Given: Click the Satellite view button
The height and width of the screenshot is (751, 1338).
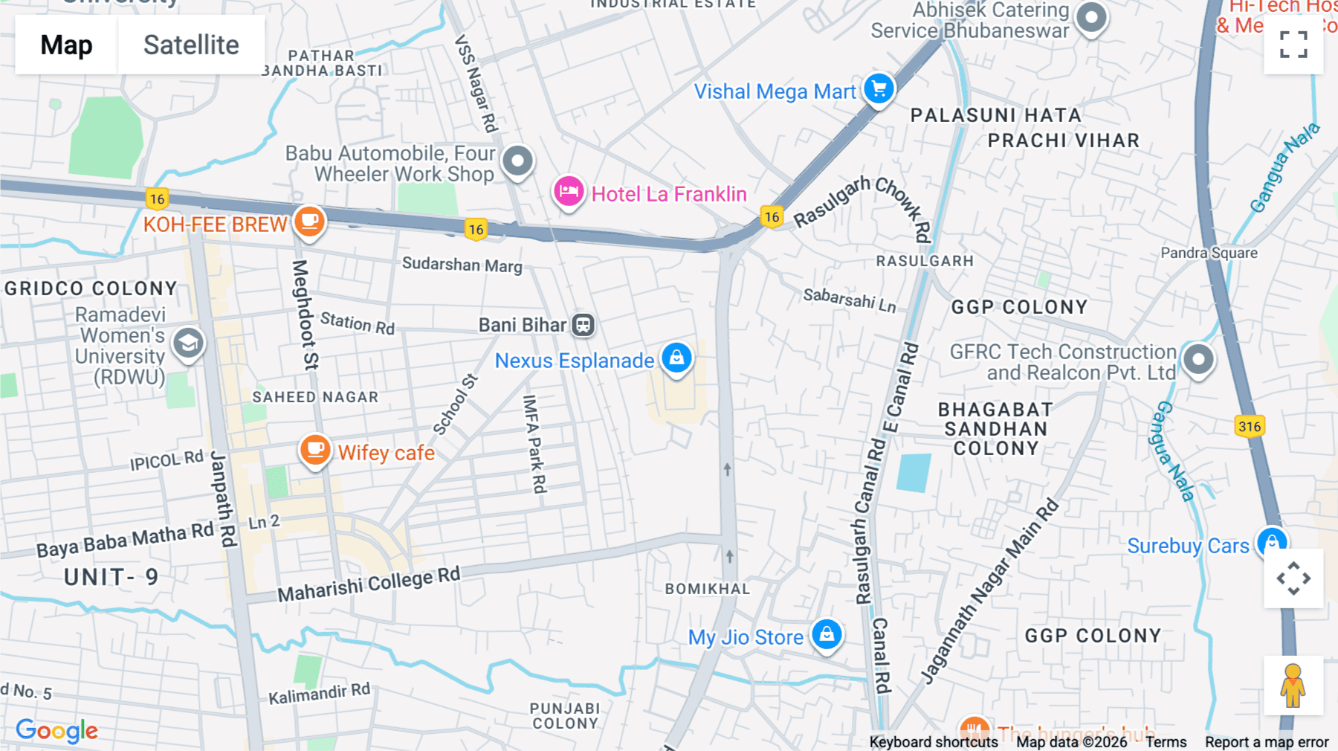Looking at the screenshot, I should tap(191, 45).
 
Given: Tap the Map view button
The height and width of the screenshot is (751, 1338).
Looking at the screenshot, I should tap(66, 45).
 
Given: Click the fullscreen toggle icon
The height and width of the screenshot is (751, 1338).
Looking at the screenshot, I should tap(1293, 45).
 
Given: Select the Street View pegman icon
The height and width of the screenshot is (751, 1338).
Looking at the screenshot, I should tap(1293, 686).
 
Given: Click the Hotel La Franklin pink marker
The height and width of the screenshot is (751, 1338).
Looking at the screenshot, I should tap(569, 192).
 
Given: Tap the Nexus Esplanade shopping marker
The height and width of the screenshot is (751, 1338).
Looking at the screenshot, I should tap(676, 358).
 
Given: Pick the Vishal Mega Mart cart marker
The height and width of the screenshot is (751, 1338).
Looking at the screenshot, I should tap(879, 89).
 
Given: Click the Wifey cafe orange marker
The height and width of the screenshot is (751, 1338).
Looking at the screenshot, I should tap(315, 450).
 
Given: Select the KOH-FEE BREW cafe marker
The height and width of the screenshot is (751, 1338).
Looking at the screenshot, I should tap(309, 222).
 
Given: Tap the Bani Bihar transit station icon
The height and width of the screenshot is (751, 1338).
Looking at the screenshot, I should tap(584, 325).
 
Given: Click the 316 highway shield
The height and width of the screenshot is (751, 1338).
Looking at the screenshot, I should tap(1250, 426).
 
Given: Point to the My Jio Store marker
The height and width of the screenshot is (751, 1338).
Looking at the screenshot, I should tap(827, 635).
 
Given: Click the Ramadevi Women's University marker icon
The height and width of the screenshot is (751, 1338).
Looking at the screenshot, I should tap(188, 344).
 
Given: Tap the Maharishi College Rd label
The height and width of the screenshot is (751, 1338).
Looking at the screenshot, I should tap(369, 584).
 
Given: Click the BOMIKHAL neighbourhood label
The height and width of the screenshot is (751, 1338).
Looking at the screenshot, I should tap(707, 589).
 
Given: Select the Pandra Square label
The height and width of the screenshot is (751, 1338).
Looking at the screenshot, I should tap(1209, 253).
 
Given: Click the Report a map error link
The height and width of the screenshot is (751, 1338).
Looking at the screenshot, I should tap(1266, 742).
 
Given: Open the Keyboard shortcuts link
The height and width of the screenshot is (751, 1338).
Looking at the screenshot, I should tap(933, 742).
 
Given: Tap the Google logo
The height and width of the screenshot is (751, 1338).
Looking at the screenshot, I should tap(56, 730).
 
